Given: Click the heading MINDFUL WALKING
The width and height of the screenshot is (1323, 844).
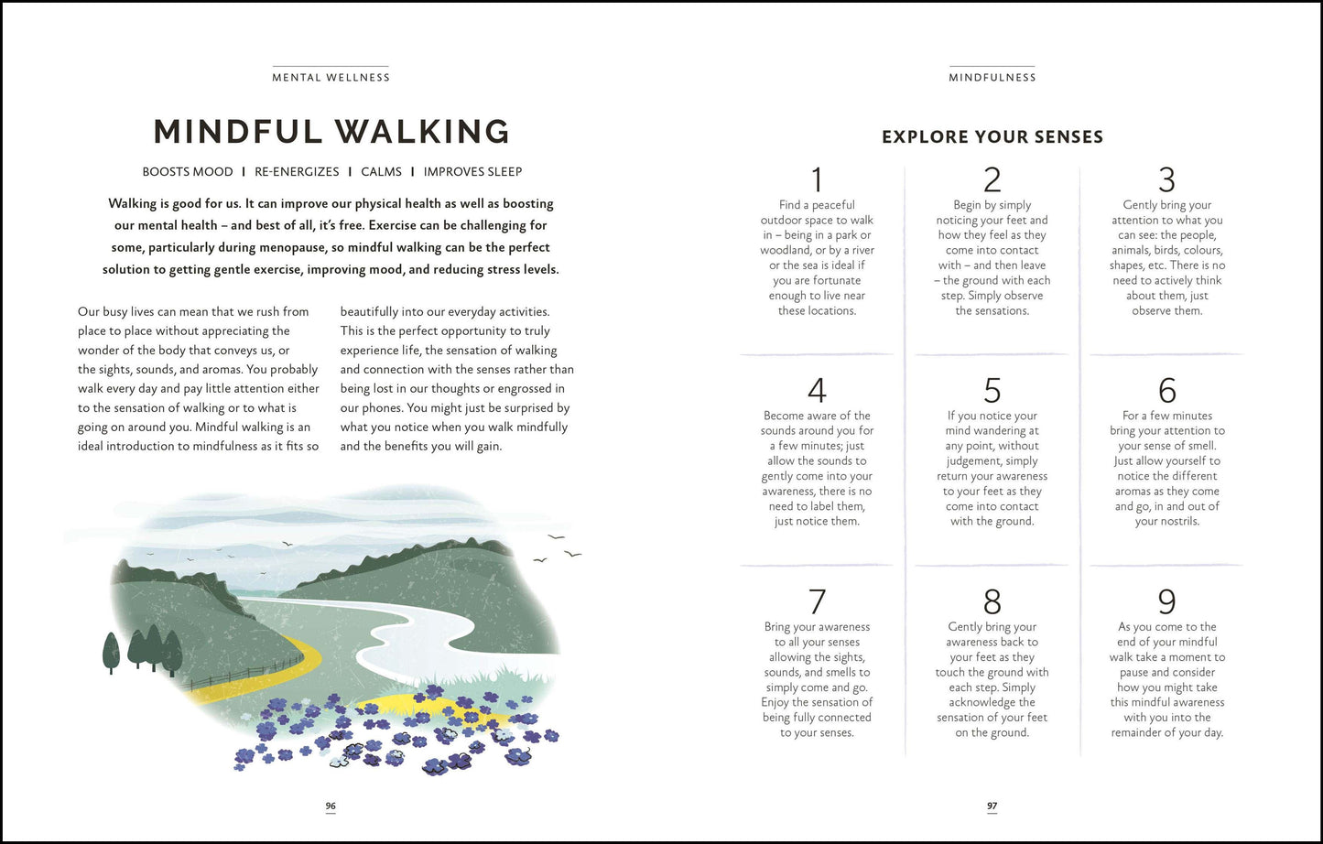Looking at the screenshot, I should (x=331, y=132).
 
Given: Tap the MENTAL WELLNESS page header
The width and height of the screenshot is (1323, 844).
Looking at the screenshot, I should (x=331, y=78).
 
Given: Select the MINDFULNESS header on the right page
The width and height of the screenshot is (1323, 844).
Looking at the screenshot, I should (x=992, y=78).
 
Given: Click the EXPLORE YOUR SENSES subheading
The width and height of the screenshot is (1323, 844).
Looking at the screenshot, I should (x=992, y=137).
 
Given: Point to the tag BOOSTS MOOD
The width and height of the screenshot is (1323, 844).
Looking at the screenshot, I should (x=188, y=172).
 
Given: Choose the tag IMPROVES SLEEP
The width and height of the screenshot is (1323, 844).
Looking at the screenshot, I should (x=472, y=172).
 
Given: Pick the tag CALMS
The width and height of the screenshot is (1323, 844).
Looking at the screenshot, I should (x=381, y=172).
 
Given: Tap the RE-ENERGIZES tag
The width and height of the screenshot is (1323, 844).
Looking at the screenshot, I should (x=297, y=172).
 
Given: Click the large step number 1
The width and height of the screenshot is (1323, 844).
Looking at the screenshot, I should (x=817, y=180).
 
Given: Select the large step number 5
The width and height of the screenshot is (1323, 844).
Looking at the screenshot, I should (x=992, y=391).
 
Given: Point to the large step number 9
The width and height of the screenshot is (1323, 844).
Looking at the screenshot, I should (x=1166, y=601).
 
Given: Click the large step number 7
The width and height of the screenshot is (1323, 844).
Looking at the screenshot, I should (x=817, y=601).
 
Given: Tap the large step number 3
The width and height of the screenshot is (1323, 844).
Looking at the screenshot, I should (x=1166, y=180).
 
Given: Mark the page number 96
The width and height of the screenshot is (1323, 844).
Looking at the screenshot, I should (x=331, y=806).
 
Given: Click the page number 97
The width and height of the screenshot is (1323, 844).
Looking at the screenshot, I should (x=992, y=806).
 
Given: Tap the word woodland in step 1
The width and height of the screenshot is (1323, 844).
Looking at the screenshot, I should (x=786, y=251).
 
